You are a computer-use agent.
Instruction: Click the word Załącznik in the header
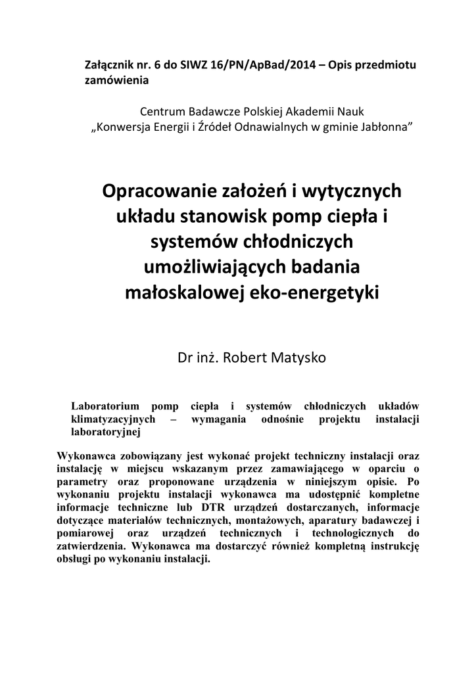109,66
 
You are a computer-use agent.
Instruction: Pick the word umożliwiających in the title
201,267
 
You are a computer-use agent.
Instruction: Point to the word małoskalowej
181,292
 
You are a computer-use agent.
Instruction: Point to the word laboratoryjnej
105,432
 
